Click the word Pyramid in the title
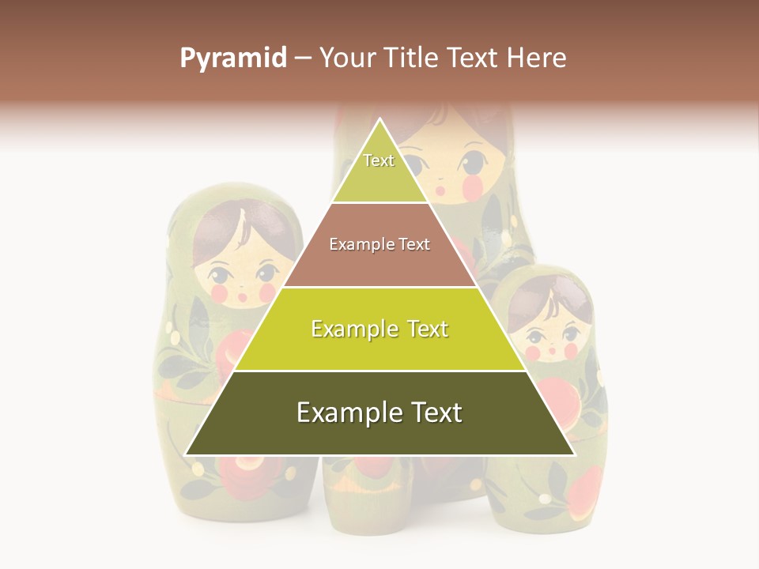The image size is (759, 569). point(232,58)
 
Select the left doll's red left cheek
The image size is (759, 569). point(220,294)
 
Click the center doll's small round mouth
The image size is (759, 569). point(441,190)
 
